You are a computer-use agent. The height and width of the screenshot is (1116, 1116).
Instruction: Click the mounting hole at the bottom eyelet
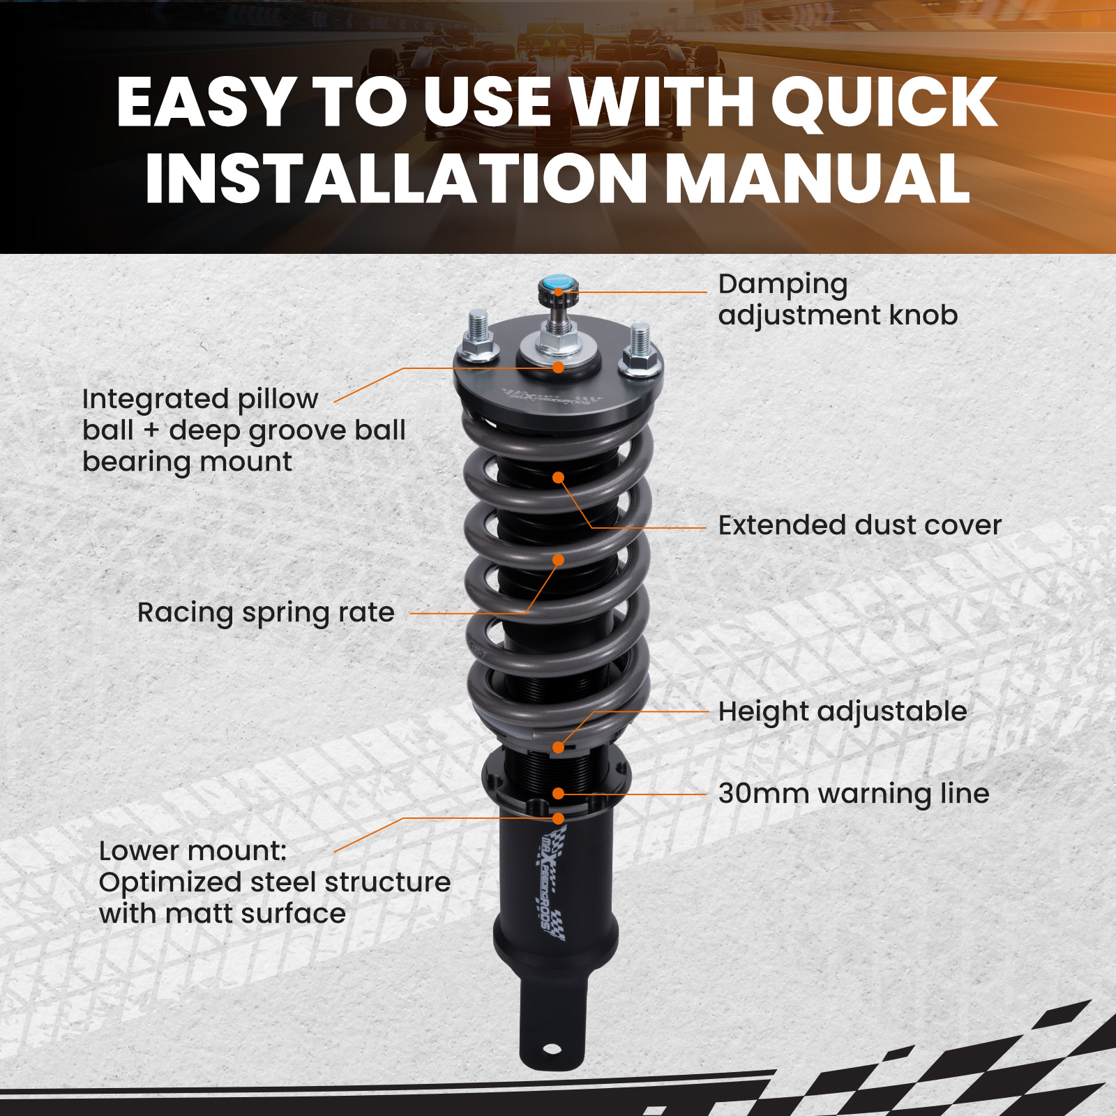[551, 1049]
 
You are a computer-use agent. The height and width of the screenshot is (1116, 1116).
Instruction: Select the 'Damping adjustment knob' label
[837, 299]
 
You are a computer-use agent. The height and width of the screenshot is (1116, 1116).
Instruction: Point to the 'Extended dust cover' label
[859, 525]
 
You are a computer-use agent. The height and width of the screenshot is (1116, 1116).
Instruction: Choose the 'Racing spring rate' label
[266, 612]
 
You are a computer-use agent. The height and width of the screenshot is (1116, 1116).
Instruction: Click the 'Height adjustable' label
[843, 711]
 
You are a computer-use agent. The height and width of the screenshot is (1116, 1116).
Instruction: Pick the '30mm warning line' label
[854, 794]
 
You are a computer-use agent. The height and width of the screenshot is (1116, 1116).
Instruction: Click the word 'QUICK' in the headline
[884, 103]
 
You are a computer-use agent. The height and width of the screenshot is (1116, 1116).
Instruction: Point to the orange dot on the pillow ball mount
[558, 368]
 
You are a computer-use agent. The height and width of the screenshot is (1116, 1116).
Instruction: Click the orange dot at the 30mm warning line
[558, 794]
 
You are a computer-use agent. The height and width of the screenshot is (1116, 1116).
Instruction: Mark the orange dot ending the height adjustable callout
[558, 748]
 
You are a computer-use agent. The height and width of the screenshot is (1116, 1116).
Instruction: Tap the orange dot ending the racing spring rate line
[558, 560]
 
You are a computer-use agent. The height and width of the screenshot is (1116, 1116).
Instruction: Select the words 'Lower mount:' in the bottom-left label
[193, 851]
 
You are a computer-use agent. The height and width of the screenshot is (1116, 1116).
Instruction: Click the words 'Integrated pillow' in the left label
[200, 399]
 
